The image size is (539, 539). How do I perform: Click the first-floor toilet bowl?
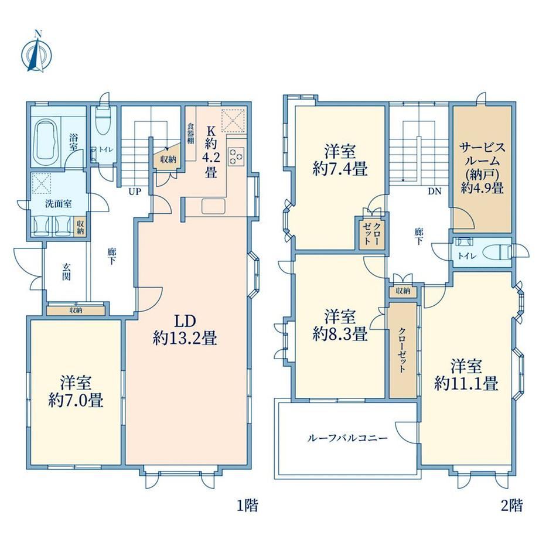point(102,122)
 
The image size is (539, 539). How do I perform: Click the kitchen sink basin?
point(213,206)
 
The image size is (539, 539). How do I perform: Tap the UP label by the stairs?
point(135,192)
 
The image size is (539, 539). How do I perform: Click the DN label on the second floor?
point(435,192)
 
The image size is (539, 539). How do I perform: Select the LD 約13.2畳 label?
point(185,330)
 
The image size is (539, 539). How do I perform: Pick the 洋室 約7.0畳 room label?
point(76,391)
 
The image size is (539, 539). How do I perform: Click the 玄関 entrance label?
point(67,271)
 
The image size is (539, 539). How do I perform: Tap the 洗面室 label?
point(59,203)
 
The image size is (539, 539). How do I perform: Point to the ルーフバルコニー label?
point(347,438)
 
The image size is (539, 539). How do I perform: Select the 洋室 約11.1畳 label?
point(466,375)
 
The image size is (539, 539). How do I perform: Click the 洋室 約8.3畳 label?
point(340,325)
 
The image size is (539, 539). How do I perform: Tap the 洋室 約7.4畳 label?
point(340,160)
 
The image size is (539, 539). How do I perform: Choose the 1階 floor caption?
point(247,506)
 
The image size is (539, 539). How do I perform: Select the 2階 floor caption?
point(512,506)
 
